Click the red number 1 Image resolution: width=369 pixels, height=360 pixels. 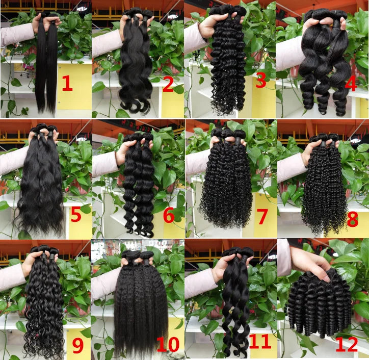[x=68, y=84]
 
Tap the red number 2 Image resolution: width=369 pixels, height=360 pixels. [x=168, y=85]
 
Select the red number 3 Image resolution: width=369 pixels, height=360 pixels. [x=261, y=81]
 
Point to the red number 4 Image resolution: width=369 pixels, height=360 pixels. [x=351, y=84]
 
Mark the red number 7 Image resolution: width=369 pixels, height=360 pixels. [x=262, y=217]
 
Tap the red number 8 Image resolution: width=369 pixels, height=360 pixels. [x=353, y=219]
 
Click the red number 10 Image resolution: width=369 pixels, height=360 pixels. [x=168, y=344]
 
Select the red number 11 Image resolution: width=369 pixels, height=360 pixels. [x=260, y=341]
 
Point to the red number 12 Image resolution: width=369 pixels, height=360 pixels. [x=347, y=345]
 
